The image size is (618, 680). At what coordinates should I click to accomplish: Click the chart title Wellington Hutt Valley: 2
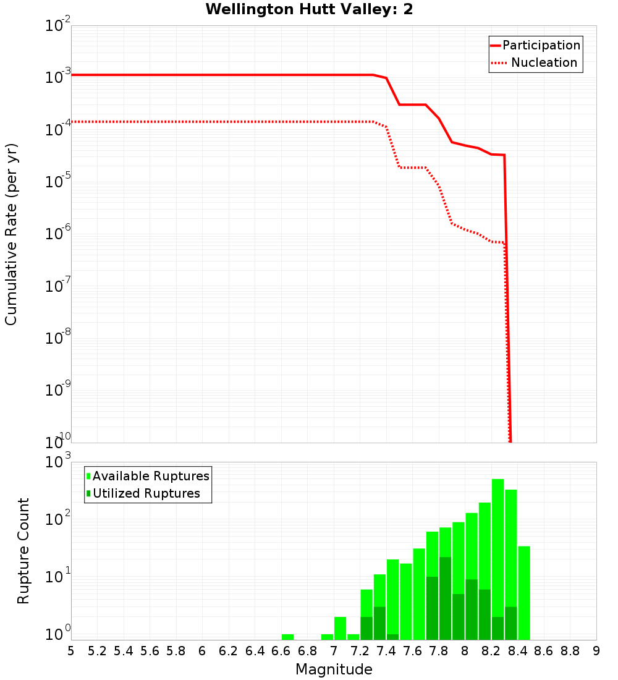[309, 9]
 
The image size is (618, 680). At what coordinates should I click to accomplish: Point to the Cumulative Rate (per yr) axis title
[11, 234]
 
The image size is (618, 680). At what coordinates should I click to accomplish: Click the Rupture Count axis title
[23, 551]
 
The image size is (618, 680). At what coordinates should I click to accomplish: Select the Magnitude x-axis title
[334, 669]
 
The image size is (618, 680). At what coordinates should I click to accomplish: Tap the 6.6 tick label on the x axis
[281, 651]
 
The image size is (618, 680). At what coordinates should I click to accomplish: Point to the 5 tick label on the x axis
[71, 651]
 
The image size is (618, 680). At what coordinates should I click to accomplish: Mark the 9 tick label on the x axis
[596, 651]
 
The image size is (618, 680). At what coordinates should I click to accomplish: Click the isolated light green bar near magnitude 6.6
[287, 637]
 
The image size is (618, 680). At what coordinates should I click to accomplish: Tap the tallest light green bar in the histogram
[498, 556]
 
